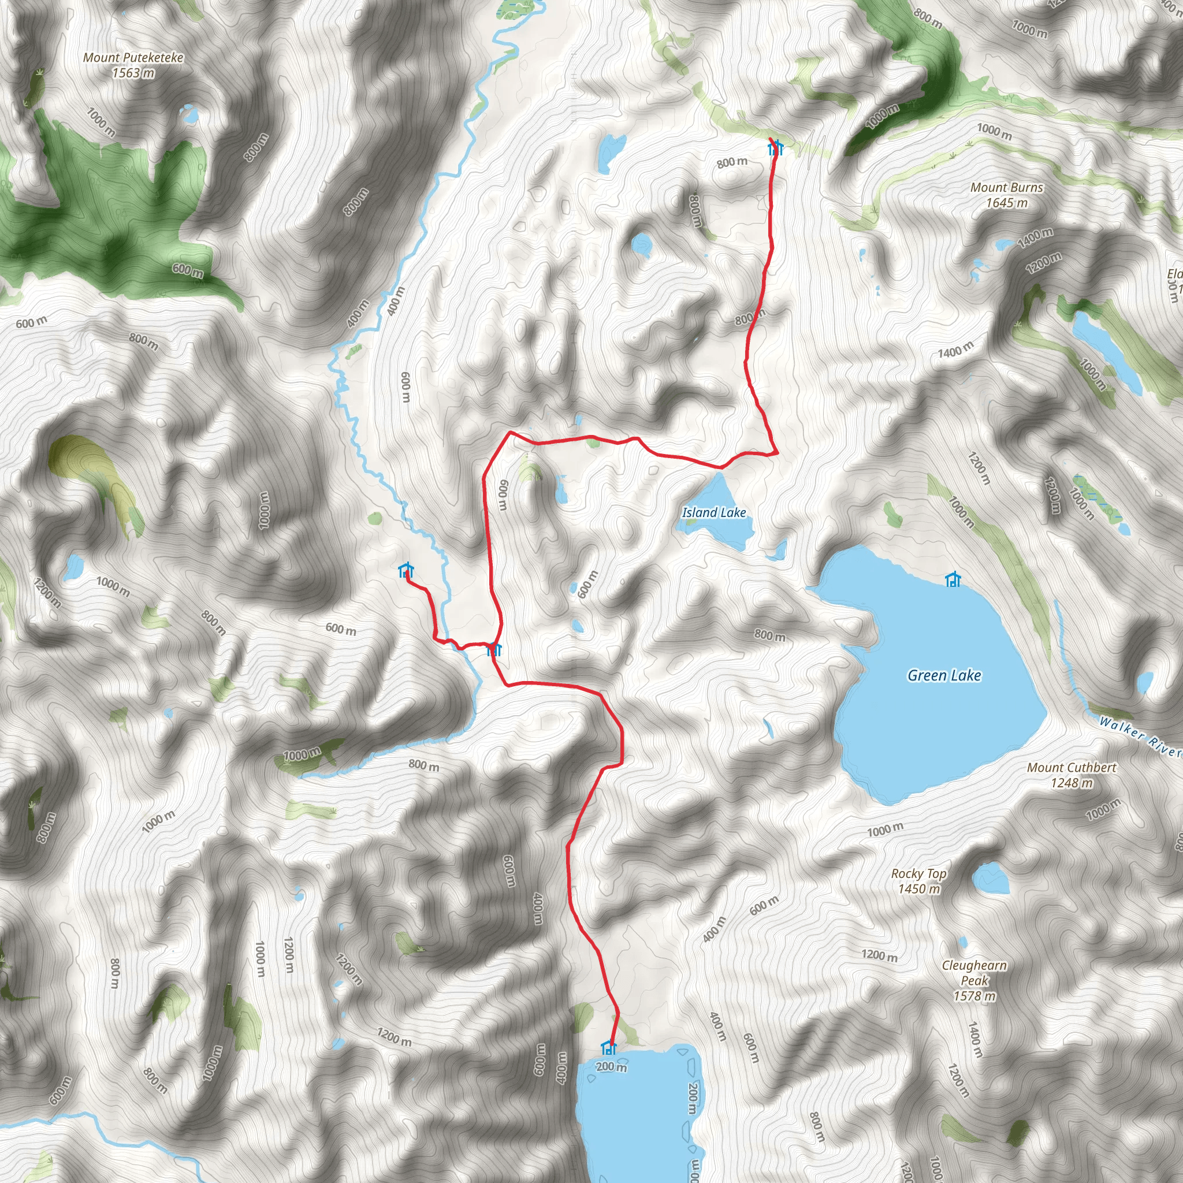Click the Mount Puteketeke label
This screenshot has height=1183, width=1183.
133,58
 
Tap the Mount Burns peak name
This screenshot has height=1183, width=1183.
1007,187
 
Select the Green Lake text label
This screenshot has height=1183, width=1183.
944,675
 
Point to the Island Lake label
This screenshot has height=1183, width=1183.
714,512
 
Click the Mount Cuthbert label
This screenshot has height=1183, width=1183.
1072,767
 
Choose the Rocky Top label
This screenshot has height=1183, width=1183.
918,874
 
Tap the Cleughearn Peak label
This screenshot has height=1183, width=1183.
974,972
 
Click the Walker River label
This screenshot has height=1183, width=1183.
1140,736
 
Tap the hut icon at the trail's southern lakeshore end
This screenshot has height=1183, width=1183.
608,1047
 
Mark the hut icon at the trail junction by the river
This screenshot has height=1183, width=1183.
494,649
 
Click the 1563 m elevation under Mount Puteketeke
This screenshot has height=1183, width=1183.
133,73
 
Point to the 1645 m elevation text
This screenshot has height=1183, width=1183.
1007,203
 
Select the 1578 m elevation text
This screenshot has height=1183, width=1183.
974,996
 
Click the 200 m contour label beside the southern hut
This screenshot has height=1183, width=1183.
611,1067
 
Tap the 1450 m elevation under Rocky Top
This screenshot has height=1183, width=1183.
918,888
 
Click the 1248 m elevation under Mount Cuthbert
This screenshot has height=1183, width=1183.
1072,783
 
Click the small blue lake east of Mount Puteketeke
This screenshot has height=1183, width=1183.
190,114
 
